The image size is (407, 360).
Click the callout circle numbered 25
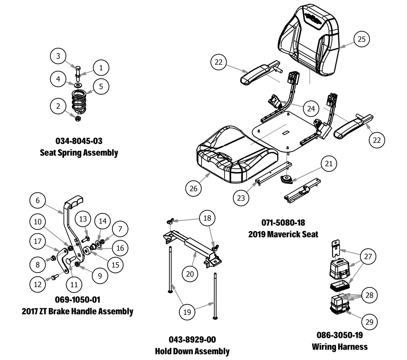[x=361, y=39]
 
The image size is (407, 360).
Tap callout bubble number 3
[x=58, y=56]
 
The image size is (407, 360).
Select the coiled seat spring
[x=79, y=102]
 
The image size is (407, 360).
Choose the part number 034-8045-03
[x=79, y=141]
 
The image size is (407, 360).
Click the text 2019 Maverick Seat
[x=283, y=234]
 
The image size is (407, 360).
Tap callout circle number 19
[x=187, y=312]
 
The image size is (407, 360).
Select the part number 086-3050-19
[x=340, y=335]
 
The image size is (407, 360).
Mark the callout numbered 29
[x=369, y=322]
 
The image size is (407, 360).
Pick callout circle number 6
[x=38, y=201]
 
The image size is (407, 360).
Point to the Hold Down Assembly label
[x=192, y=351]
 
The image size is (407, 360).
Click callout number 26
[x=193, y=189]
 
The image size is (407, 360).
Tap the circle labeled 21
[x=329, y=164]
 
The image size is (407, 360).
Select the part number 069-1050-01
[x=78, y=299]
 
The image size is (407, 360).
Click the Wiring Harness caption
[x=340, y=347]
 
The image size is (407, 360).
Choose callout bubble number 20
[x=190, y=274]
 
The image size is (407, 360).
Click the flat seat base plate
[x=279, y=131]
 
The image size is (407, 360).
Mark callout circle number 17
[x=38, y=241]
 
